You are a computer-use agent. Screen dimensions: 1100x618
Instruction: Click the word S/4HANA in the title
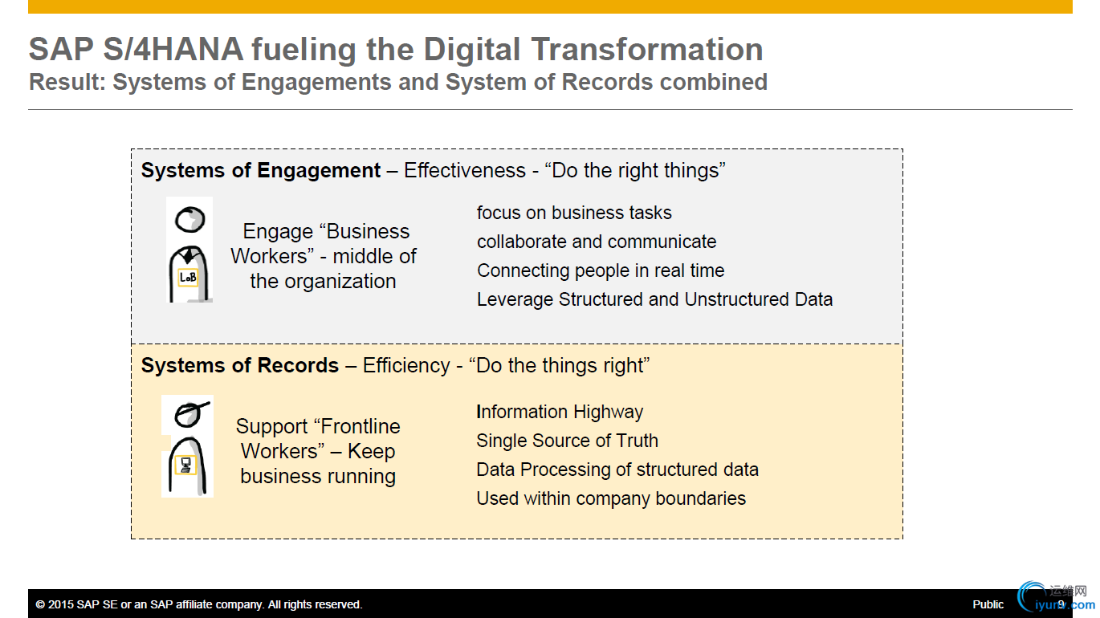(173, 50)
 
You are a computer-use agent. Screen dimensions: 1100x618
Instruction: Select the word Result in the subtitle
(67, 82)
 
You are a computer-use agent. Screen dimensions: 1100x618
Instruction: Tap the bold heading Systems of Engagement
(261, 171)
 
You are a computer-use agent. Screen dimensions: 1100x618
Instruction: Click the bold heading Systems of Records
(239, 366)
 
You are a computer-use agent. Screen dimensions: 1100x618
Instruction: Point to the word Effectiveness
(465, 171)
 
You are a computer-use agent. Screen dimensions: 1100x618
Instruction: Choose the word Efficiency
(406, 366)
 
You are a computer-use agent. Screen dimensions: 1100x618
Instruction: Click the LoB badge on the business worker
(188, 278)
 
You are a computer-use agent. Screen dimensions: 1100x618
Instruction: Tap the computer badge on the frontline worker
(185, 465)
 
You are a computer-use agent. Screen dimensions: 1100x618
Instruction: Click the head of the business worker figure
(190, 219)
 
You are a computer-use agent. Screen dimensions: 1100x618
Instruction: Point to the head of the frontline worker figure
(191, 414)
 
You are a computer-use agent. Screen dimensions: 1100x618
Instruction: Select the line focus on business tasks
(574, 213)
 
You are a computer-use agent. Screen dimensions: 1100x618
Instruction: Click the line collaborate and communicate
(597, 242)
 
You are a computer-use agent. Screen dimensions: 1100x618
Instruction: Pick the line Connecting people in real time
(601, 271)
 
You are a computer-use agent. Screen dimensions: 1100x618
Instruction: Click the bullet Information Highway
(560, 412)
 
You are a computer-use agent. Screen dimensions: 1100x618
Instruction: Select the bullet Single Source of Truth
(567, 441)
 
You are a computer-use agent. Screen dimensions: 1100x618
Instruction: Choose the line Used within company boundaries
(611, 498)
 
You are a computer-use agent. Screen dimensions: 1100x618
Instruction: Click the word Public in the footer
(988, 604)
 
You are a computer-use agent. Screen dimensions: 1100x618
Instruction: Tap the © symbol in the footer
(40, 604)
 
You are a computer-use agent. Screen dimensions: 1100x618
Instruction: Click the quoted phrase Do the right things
(635, 171)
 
